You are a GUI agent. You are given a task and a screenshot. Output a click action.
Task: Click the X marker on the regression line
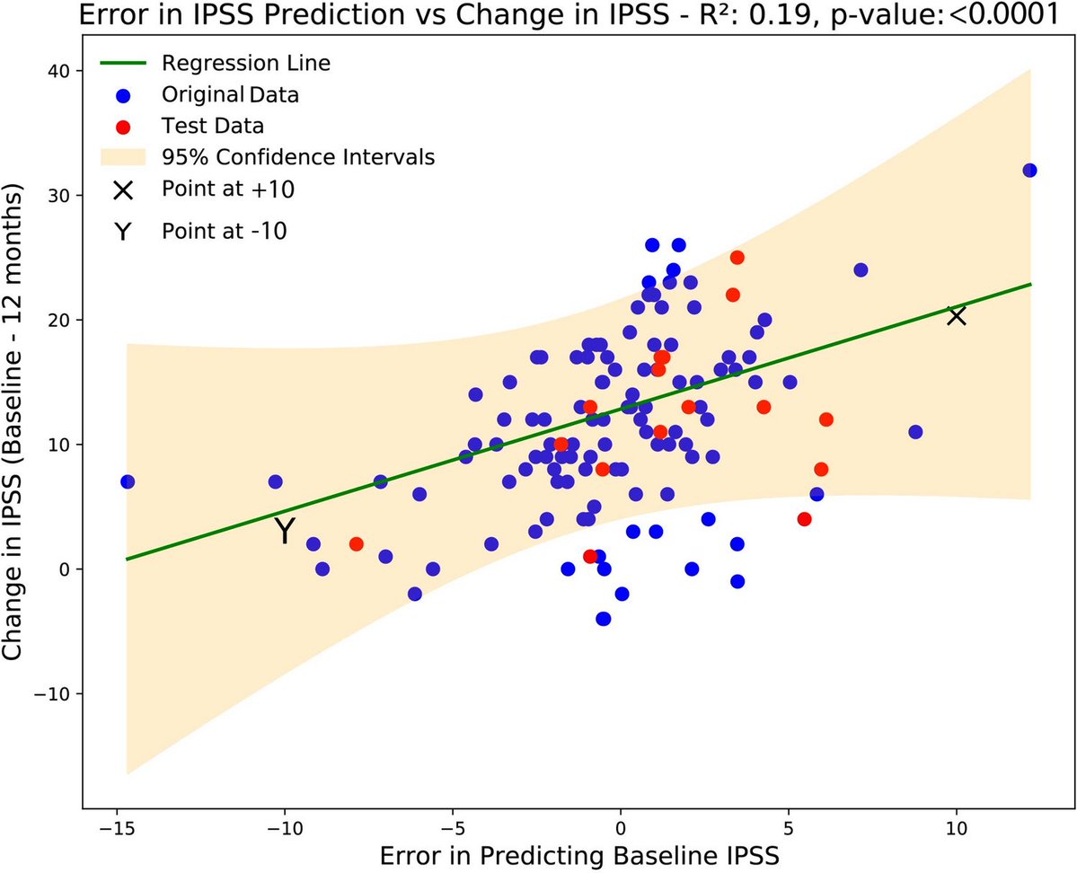coord(957,315)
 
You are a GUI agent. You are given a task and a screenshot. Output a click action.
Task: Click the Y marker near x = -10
coord(285,531)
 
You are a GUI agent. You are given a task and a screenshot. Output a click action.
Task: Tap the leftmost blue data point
coord(128,482)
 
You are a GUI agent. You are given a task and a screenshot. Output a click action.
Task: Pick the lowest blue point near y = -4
coord(604,619)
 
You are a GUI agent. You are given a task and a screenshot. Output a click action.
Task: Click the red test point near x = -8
coord(357,544)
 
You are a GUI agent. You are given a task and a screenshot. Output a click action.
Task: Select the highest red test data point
coord(737,258)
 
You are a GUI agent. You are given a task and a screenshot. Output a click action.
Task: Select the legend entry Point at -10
coord(224,230)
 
